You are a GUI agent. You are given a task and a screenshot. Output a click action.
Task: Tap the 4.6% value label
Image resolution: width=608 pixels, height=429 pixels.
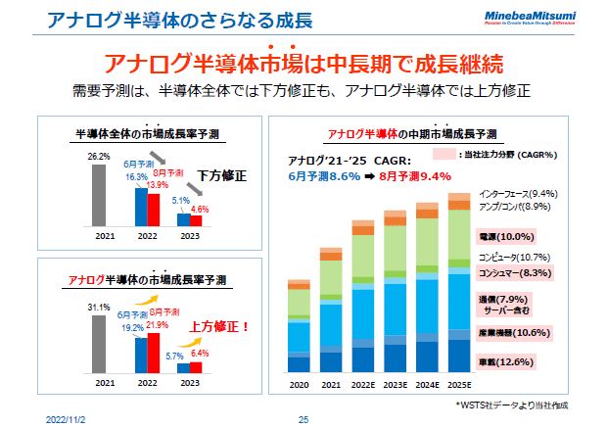pyautogui.click(x=200, y=208)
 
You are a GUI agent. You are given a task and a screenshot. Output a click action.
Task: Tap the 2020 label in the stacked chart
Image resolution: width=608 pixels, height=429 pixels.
pyautogui.click(x=299, y=384)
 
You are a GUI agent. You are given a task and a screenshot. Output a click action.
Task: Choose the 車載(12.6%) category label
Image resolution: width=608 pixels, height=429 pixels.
pyautogui.click(x=504, y=361)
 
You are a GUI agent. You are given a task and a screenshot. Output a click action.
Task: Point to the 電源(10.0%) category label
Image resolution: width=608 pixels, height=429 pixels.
pyautogui.click(x=504, y=237)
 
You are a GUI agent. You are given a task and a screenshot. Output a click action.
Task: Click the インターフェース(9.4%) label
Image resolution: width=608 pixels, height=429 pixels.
pyautogui.click(x=519, y=194)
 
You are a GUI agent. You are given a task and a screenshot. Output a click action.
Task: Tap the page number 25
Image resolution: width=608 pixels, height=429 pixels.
pyautogui.click(x=304, y=419)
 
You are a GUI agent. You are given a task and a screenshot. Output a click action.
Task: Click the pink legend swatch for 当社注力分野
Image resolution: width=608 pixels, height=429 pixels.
pyautogui.click(x=444, y=154)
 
